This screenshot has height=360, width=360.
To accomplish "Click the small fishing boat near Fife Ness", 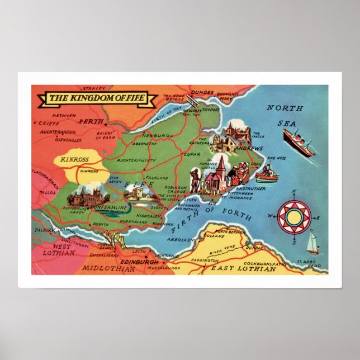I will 267,174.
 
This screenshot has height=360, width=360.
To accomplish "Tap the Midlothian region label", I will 108,269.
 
